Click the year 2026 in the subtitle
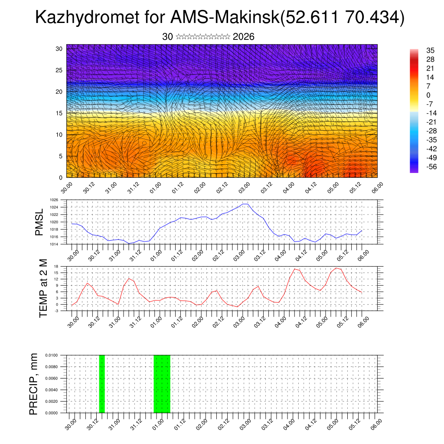click(x=243, y=37)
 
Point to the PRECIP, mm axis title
click(x=34, y=384)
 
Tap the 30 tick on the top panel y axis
click(x=59, y=49)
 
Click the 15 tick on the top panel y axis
click(x=59, y=113)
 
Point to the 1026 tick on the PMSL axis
click(x=54, y=200)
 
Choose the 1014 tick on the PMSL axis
click(x=54, y=244)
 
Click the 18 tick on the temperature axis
click(x=56, y=266)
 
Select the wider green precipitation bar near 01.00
click(x=162, y=384)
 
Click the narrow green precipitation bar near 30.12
click(x=102, y=384)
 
